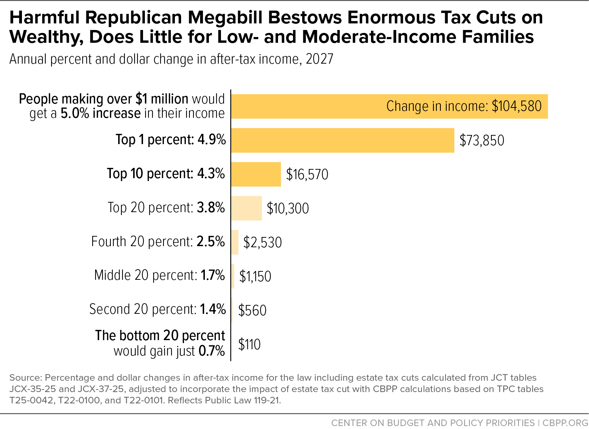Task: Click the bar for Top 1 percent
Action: tap(343, 140)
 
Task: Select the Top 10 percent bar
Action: tap(256, 174)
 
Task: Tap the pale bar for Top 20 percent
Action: tap(247, 208)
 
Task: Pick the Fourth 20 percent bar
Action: tap(235, 242)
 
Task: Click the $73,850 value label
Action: tap(482, 140)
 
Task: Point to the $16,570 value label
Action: tap(307, 174)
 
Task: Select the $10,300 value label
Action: tap(288, 208)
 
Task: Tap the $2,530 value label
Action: tap(262, 242)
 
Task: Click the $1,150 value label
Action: tap(255, 276)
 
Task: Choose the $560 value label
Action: tap(252, 310)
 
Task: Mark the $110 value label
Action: tap(249, 344)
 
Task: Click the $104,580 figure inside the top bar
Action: tap(517, 106)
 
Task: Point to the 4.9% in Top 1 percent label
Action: tap(211, 139)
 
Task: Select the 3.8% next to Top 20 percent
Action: tap(211, 207)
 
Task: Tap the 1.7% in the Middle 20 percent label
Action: tap(213, 275)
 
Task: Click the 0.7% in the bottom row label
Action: tap(212, 351)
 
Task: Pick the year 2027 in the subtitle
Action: tap(319, 59)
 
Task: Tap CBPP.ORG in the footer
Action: tap(565, 423)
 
